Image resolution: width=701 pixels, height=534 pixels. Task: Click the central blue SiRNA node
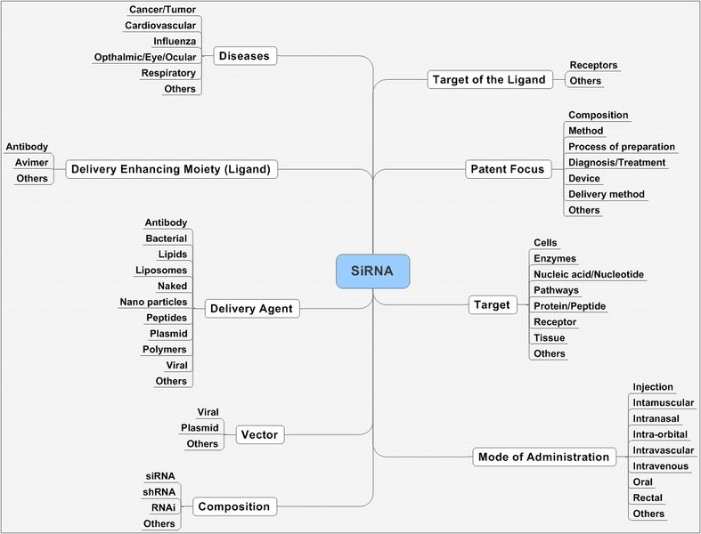(372, 271)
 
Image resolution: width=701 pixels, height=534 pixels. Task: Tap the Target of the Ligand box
(488, 80)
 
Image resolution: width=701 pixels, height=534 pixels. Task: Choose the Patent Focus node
(506, 169)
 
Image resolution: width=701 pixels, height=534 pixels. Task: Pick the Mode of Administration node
(544, 457)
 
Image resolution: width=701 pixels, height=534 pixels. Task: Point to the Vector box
(260, 435)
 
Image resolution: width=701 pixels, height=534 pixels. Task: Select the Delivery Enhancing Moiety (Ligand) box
(171, 168)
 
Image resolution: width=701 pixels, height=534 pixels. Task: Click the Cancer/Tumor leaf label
(163, 9)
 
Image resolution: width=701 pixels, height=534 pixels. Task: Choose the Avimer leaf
(31, 162)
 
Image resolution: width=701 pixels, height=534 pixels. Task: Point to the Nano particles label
(153, 302)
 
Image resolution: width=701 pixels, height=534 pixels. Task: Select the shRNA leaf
(160, 491)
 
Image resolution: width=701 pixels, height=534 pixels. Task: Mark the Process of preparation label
(621, 147)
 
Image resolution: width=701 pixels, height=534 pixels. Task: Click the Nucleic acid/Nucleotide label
(588, 274)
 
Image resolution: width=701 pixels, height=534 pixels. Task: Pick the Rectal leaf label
(647, 498)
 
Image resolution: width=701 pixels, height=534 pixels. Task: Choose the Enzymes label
(554, 258)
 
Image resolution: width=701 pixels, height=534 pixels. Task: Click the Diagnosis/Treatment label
(616, 162)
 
